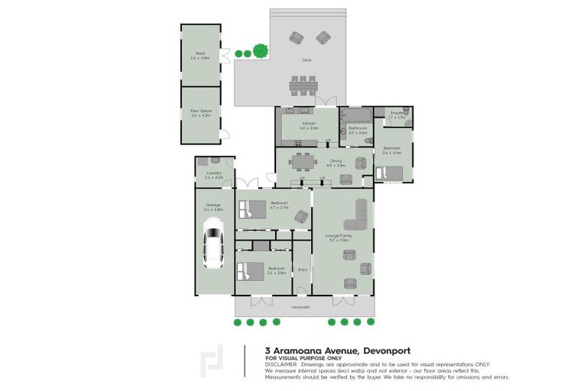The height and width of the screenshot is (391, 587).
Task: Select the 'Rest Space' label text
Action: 200,110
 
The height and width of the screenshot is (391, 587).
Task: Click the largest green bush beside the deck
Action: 261,51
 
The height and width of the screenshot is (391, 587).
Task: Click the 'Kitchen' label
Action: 309,123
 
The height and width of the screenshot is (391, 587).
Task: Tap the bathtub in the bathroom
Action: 356,115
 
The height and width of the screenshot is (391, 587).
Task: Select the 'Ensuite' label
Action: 397,113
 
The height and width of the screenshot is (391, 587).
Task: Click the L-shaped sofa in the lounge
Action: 357,215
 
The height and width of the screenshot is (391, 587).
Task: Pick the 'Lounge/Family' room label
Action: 340,236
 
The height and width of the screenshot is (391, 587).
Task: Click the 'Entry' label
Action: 303,269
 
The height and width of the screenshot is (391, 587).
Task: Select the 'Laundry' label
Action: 213,173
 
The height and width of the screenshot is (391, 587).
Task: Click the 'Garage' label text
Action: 213,204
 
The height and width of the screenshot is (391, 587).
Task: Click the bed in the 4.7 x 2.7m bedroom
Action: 253,208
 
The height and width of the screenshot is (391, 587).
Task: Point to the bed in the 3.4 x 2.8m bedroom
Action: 250,272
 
